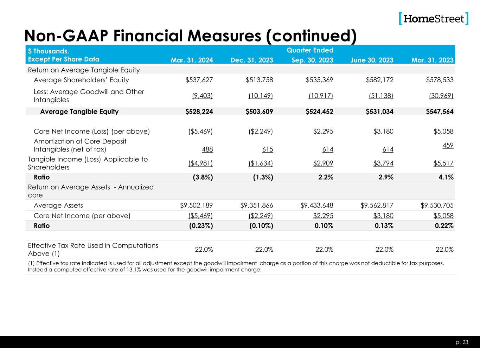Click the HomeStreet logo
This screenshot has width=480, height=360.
[434, 18]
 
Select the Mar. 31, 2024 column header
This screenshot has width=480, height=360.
[192, 60]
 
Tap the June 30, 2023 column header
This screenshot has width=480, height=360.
[372, 60]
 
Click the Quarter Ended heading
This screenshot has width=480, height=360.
[310, 50]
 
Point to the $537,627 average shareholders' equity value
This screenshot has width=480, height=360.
[199, 80]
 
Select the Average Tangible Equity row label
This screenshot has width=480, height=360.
[79, 111]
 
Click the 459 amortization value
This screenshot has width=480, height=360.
[448, 145]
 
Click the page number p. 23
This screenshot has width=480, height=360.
[463, 342]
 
